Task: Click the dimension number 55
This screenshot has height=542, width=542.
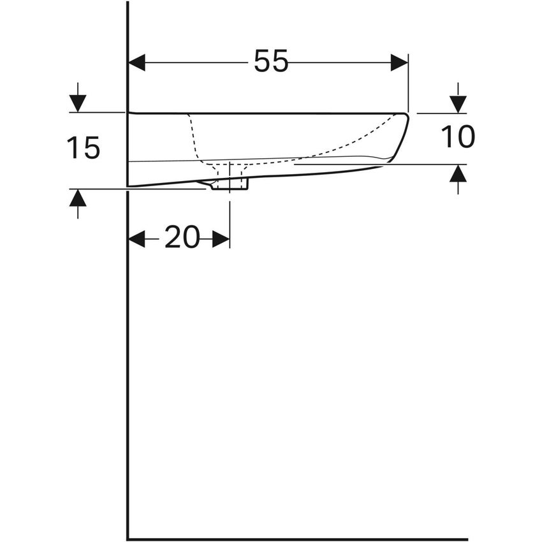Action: click(271, 61)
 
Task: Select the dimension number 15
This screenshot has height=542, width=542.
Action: click(84, 149)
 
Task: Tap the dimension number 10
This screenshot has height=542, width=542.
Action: click(458, 137)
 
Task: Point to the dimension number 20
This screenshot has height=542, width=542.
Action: click(182, 238)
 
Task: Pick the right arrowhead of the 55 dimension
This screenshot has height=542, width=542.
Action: click(399, 62)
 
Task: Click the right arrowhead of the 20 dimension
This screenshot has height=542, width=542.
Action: click(221, 239)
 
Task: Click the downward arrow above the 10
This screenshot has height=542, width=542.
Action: click(458, 104)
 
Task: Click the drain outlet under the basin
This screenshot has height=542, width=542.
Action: click(230, 185)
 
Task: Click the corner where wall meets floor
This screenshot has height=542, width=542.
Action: click(128, 539)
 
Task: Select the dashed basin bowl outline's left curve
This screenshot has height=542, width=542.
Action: click(191, 137)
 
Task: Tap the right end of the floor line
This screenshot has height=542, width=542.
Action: click(465, 539)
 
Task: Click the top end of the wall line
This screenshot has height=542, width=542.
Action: click(128, 3)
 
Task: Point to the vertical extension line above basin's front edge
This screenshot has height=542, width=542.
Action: click(408, 83)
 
